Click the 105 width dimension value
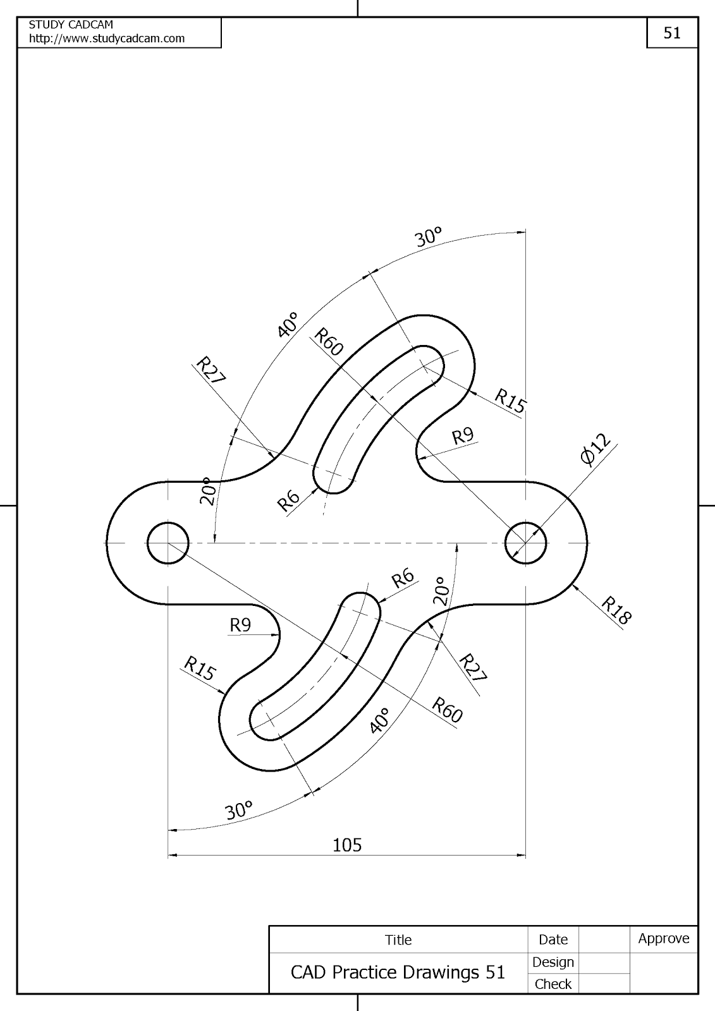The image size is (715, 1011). pos(347,845)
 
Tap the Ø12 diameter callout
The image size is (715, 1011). pos(596,450)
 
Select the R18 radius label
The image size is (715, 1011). pos(616,610)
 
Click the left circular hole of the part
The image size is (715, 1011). pos(168,543)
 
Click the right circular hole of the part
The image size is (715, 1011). pos(526,543)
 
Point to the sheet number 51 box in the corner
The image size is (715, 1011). pos(672,33)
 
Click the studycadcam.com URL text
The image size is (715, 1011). pos(107,39)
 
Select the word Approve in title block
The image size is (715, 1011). pos(663,938)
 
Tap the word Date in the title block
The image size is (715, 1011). pos(553,940)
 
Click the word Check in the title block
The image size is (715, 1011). pos(553,984)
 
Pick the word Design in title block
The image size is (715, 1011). pos(553,962)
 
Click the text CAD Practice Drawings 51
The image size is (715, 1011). pos(398,972)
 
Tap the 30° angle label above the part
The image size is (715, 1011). pos(428,238)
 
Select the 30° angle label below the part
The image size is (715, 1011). pos(239,811)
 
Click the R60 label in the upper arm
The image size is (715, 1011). pos(328,341)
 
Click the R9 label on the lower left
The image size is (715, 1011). pos(240,626)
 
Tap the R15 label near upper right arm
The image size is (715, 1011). pos(510,401)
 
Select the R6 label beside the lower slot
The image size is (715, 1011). pos(403,578)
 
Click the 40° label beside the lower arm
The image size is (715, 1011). pos(379,720)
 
